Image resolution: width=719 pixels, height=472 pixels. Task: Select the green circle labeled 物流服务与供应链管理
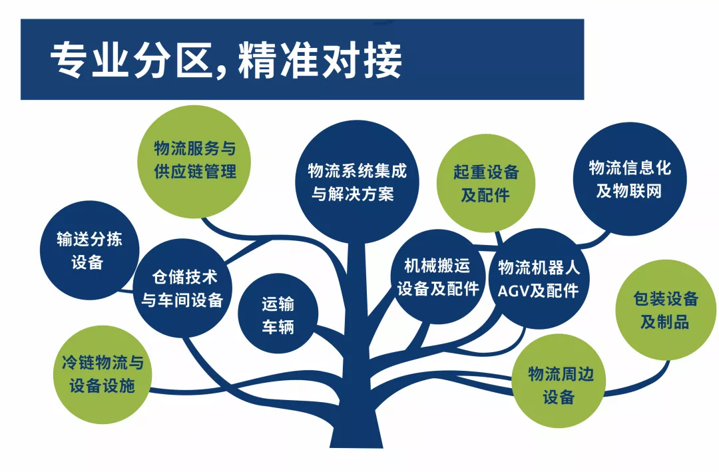(x=194, y=162)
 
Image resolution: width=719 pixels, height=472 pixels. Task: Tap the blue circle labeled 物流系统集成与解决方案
(x=357, y=182)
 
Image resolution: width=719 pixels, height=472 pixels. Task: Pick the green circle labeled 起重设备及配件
(x=485, y=183)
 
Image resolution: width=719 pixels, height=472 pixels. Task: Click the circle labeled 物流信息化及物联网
(x=630, y=179)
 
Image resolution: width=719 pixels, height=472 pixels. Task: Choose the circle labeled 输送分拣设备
(x=89, y=250)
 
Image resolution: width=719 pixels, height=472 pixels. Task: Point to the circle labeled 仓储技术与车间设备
(x=182, y=288)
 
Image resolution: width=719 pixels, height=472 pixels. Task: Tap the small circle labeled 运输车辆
(x=278, y=314)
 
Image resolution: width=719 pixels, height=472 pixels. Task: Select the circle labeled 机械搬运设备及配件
(x=438, y=276)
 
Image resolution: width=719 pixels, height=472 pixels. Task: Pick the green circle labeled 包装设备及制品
(x=666, y=310)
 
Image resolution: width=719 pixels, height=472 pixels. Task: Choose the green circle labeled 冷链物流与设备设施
(x=103, y=374)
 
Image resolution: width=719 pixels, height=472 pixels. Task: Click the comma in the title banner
(x=222, y=71)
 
